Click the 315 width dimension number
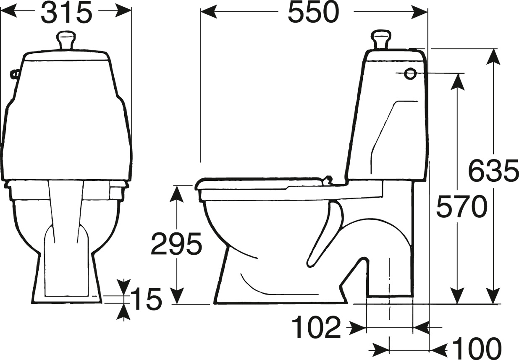[66, 13]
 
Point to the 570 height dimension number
[462, 206]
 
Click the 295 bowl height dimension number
[176, 243]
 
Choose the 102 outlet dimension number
[316, 328]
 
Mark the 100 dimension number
[477, 349]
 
